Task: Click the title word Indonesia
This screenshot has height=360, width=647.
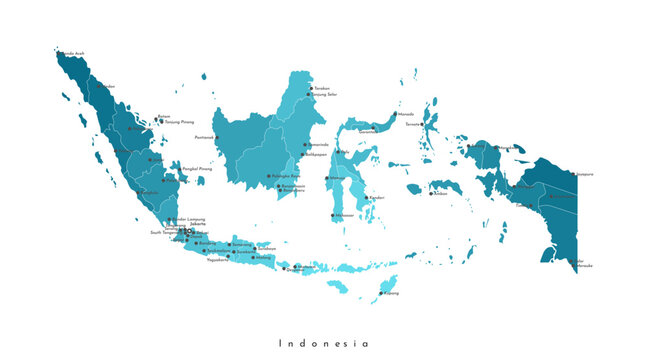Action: point(323,343)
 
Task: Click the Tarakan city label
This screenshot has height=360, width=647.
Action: point(322,88)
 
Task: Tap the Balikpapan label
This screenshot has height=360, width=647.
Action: point(316,155)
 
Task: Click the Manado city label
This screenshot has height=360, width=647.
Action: point(406,114)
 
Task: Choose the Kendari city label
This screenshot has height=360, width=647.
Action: point(377,197)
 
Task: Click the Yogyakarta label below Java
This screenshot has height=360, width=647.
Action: point(218,260)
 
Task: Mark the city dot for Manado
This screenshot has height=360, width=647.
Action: point(395,115)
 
